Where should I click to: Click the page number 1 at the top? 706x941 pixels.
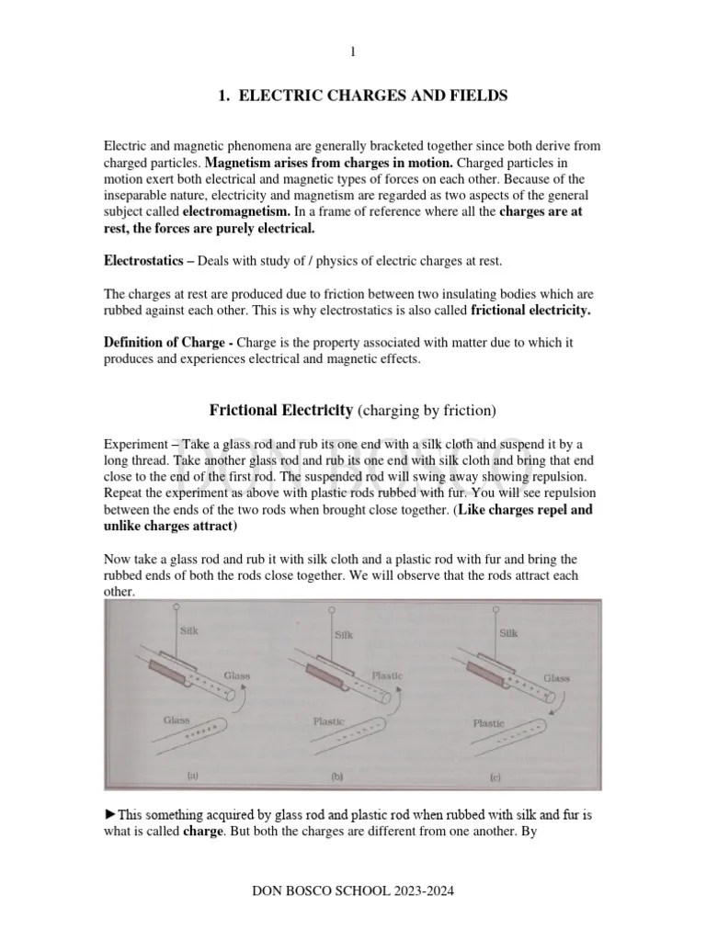click(352, 53)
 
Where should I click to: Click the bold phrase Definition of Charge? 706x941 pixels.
click(164, 343)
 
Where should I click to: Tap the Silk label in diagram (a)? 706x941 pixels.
click(189, 631)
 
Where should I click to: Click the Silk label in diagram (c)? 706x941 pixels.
click(508, 633)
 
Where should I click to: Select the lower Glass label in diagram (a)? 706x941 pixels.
click(176, 721)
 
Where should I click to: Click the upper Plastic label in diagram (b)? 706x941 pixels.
click(386, 675)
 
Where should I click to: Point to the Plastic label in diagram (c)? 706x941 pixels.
click(488, 723)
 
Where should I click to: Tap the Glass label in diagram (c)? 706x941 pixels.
click(555, 678)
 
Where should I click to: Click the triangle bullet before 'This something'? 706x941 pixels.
click(110, 813)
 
